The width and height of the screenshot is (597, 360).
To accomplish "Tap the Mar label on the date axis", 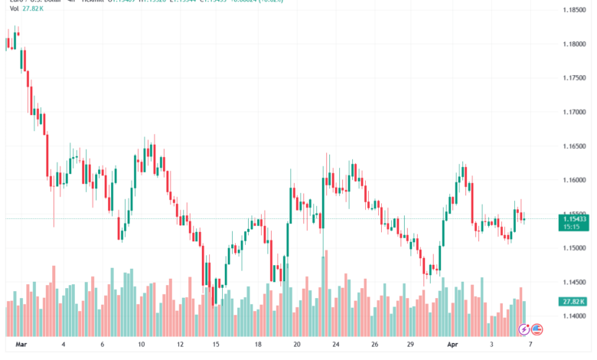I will pos(20,345).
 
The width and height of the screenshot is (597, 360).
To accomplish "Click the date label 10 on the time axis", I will pos(142,345).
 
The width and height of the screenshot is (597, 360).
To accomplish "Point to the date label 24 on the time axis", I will pos(335,345).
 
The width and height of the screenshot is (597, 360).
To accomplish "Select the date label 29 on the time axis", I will pos(410,345).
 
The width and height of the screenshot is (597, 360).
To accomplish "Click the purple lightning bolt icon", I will pos(524,329).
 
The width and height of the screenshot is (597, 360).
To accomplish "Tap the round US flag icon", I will pos(537,329).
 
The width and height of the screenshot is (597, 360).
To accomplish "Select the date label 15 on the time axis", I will pos(217,345).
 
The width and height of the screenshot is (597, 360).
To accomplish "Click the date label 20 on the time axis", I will pos(295,345).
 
